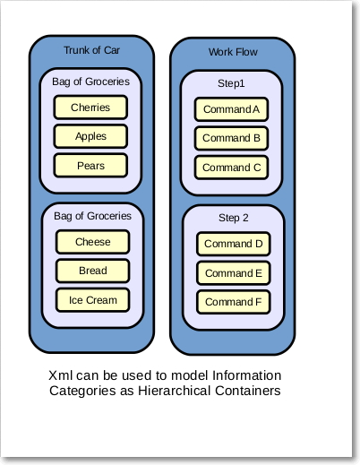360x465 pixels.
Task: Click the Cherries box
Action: click(90, 108)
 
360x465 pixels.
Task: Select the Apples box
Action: click(90, 136)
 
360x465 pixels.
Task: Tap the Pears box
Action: click(90, 166)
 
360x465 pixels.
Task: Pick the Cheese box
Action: click(93, 242)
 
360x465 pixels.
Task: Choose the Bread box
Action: click(93, 271)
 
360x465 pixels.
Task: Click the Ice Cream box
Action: click(93, 300)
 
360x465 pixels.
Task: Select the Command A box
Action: click(231, 109)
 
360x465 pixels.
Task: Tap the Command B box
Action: click(231, 138)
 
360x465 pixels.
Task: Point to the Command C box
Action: click(231, 168)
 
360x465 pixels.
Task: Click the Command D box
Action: click(233, 244)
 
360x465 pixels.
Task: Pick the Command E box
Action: click(233, 273)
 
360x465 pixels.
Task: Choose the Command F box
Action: click(233, 302)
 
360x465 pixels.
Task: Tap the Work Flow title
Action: click(232, 52)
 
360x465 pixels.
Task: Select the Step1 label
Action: click(232, 83)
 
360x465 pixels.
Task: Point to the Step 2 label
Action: click(234, 218)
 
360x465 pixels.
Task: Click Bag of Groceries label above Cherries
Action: click(90, 82)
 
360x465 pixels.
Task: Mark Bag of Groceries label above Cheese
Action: click(93, 216)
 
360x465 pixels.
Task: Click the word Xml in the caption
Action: click(64, 375)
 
